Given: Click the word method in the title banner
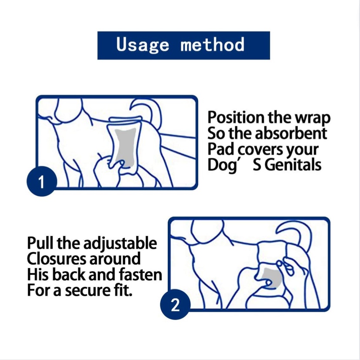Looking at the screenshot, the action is tap(212, 44).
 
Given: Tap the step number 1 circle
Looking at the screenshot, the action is tap(42, 181).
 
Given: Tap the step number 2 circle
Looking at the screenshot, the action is tap(175, 304).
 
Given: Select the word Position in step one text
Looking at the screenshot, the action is tap(237, 118).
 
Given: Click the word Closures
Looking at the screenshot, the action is tap(57, 259).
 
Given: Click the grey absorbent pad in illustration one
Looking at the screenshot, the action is tap(125, 147).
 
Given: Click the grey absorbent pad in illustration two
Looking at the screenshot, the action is tap(273, 277).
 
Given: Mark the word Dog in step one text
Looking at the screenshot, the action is tap(222, 165).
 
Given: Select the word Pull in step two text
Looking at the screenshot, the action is tap(40, 243).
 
